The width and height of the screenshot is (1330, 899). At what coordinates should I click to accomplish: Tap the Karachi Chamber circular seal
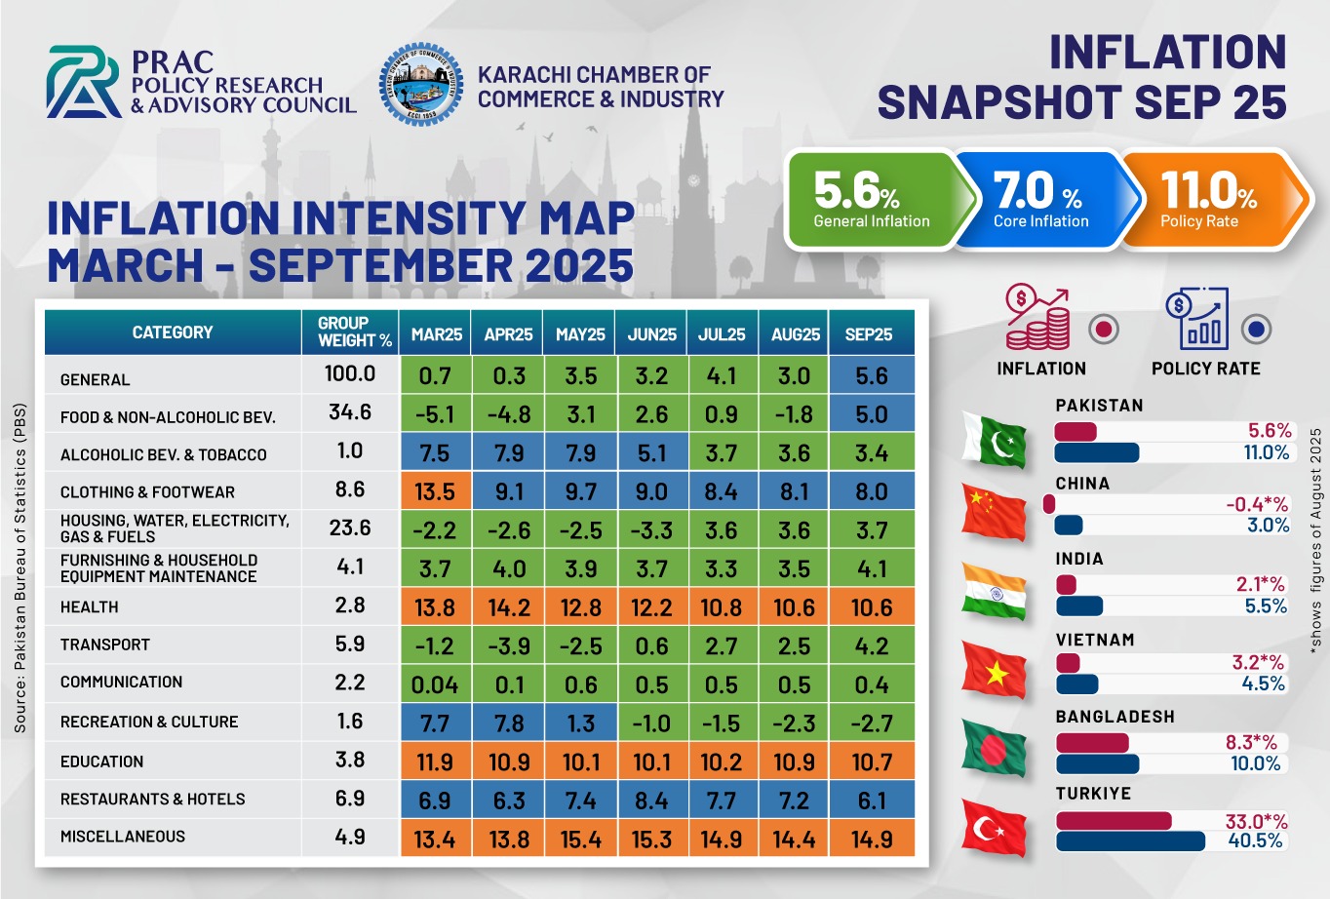pyautogui.click(x=420, y=84)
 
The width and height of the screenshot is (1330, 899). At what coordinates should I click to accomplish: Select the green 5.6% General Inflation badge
pyautogui.click(x=871, y=199)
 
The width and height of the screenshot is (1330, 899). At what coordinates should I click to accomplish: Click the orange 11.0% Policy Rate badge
pyautogui.click(x=1209, y=199)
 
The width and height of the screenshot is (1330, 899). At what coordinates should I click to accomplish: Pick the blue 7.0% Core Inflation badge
pyautogui.click(x=1039, y=199)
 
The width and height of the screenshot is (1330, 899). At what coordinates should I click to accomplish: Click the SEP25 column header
pyautogui.click(x=869, y=334)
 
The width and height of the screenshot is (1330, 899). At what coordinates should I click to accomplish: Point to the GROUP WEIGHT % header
pyautogui.click(x=355, y=332)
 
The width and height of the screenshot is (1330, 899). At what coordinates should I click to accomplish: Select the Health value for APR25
pyautogui.click(x=508, y=607)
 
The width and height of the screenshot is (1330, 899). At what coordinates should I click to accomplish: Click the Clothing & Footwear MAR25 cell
pyautogui.click(x=435, y=491)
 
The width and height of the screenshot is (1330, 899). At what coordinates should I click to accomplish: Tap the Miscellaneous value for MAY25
pyautogui.click(x=580, y=839)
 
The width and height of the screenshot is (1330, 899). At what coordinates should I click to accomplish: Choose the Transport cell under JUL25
pyautogui.click(x=722, y=645)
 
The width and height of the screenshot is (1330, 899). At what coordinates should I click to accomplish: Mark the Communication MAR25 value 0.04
pyautogui.click(x=435, y=684)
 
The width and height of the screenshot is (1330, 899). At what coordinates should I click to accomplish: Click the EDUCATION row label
pyautogui.click(x=101, y=762)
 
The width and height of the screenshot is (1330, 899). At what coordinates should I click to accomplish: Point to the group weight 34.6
pyautogui.click(x=350, y=412)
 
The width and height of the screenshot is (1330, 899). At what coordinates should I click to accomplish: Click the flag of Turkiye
pyautogui.click(x=994, y=828)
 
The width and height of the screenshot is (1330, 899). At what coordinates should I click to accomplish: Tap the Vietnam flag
pyautogui.click(x=994, y=671)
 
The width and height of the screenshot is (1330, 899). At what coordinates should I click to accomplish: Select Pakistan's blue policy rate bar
pyautogui.click(x=1097, y=452)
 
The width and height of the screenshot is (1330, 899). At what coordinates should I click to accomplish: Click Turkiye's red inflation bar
pyautogui.click(x=1113, y=821)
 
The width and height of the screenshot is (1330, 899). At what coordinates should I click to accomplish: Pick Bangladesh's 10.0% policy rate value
pyautogui.click(x=1256, y=763)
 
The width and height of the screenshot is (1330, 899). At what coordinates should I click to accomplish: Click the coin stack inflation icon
pyautogui.click(x=1038, y=319)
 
